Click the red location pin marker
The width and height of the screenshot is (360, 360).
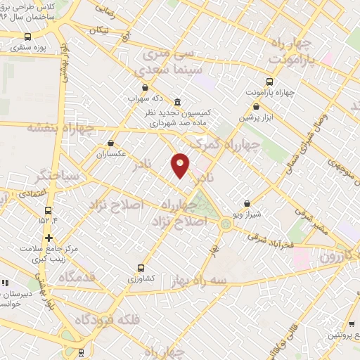click(180, 165)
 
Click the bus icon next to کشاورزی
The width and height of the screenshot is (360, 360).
click(142, 268)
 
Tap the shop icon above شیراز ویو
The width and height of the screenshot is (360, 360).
click(247, 204)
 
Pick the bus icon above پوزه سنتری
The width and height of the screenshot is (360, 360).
click(27, 37)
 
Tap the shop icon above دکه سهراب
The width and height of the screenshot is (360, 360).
click(145, 88)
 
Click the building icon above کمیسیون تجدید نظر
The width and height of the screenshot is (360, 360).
click(177, 101)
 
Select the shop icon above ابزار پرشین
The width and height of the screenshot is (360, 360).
click(256, 107)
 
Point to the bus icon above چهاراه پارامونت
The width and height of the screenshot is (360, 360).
click(271, 82)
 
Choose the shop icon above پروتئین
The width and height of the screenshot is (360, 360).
click(351, 325)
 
